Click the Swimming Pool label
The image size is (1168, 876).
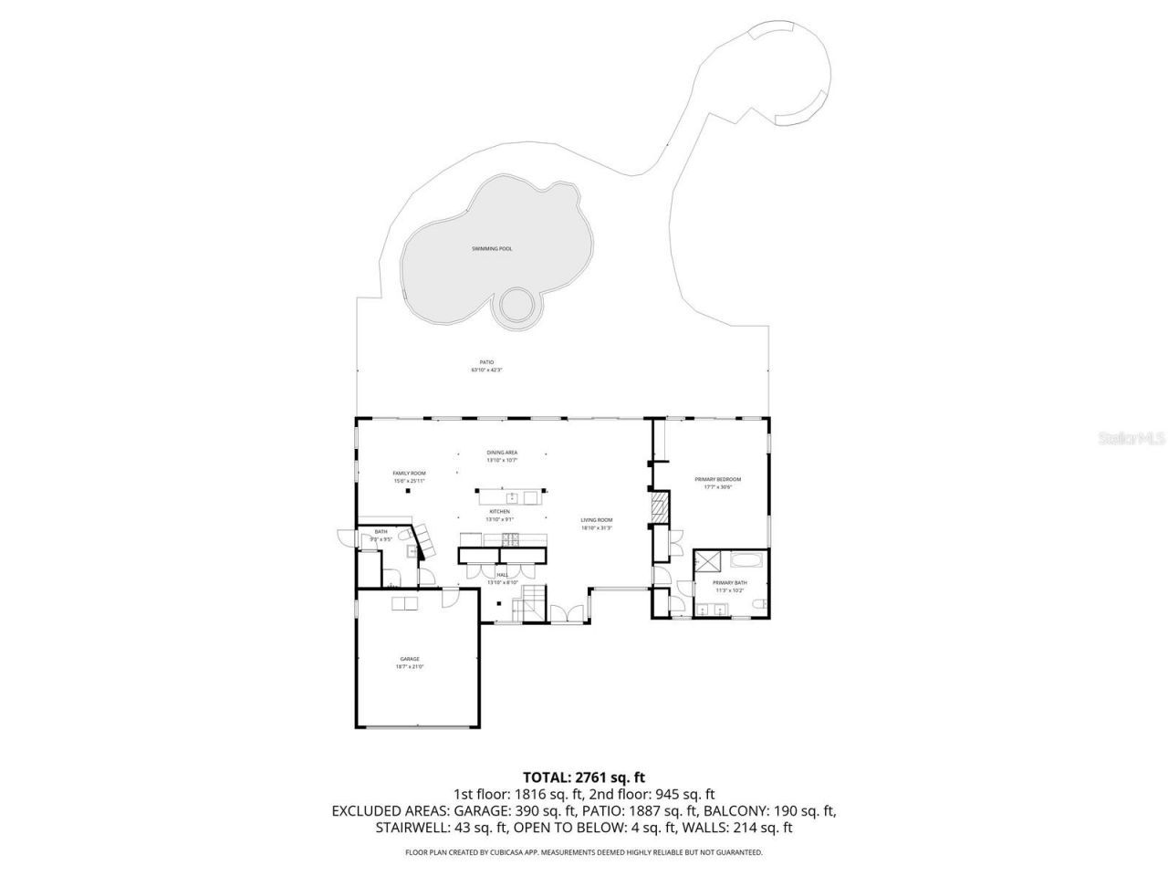[492, 249]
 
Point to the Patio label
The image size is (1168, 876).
[486, 366]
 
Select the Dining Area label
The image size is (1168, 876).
[502, 455]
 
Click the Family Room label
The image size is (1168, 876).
[409, 475]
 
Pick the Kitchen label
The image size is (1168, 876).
[499, 515]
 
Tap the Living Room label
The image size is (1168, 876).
[597, 523]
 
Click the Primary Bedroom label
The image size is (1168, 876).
[717, 482]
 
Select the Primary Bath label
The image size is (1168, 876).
[730, 585]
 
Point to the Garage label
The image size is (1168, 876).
[410, 662]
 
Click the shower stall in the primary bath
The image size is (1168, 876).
[708, 560]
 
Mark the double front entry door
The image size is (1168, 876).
[569, 615]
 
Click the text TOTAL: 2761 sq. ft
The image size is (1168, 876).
[583, 777]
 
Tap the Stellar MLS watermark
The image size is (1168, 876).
[1131, 438]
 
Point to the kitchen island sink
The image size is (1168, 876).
[513, 497]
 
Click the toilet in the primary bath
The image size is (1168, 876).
[675, 601]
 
